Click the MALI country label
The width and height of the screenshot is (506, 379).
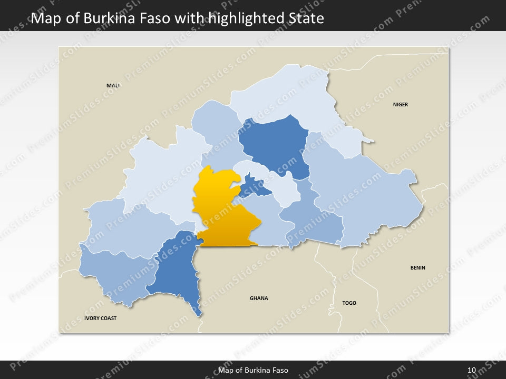(113, 85)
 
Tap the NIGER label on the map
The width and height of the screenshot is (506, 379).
(401, 105)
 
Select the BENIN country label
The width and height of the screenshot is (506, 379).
(418, 268)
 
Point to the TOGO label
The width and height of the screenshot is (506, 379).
(349, 303)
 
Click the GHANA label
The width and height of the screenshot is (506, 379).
(259, 298)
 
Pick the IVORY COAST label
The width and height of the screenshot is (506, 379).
(100, 318)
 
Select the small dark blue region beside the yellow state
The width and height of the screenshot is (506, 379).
(252, 186)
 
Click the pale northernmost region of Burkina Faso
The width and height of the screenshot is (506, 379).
(285, 95)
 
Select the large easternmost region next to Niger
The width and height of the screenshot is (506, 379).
(364, 195)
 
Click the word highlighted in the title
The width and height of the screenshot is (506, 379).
(248, 19)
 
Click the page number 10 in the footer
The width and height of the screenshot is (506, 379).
(471, 370)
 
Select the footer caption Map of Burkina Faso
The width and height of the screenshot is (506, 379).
(253, 370)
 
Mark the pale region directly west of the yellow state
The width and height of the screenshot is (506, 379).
(158, 174)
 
